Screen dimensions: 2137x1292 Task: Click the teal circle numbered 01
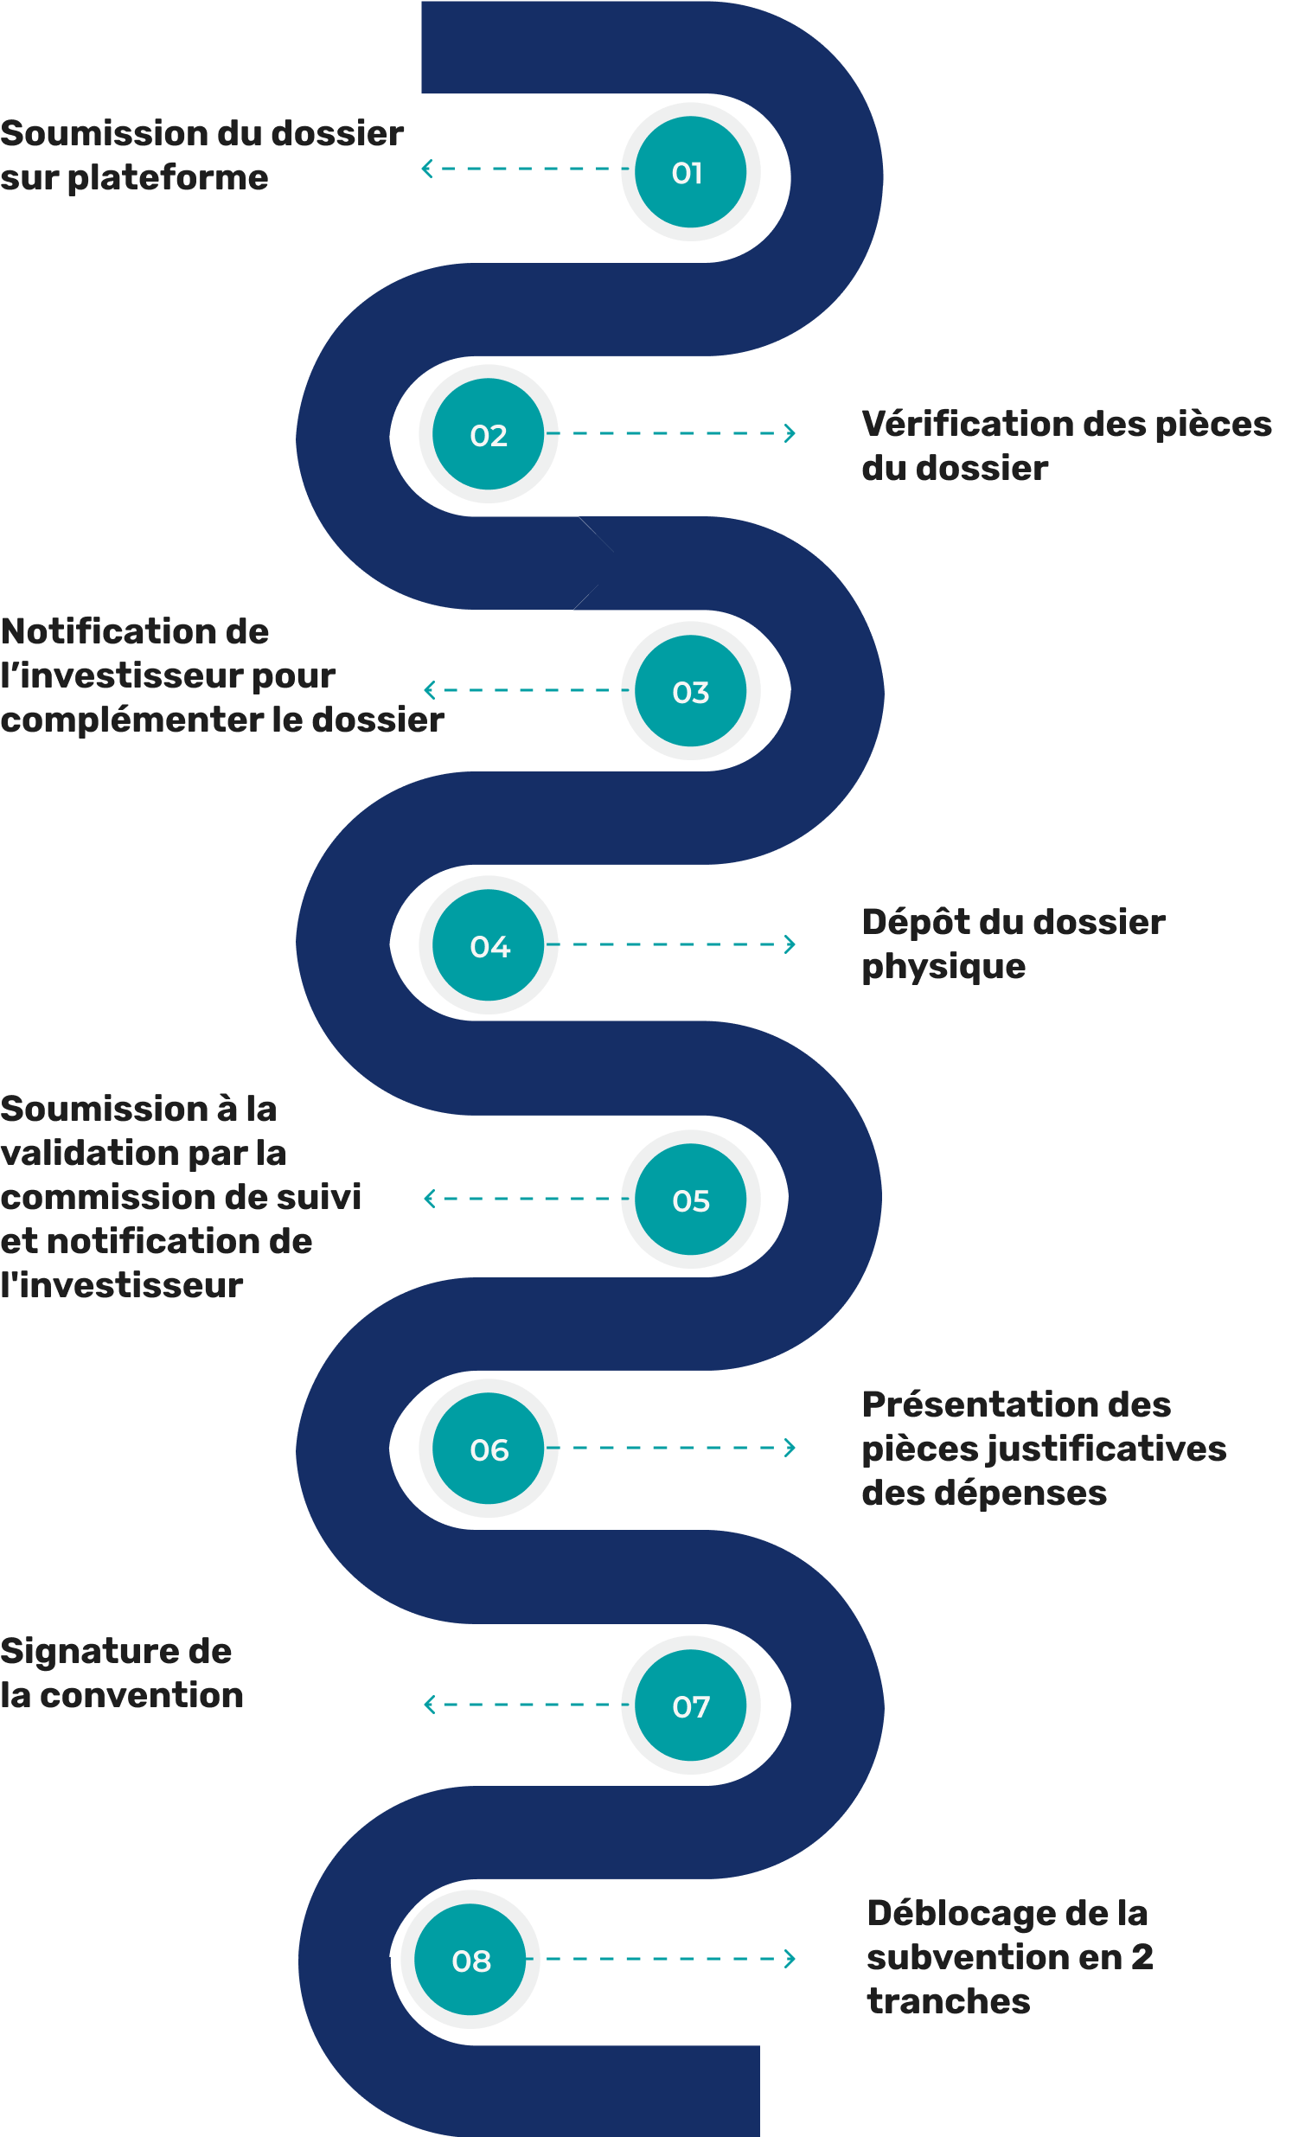pyautogui.click(x=690, y=172)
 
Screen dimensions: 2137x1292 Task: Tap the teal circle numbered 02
pyautogui.click(x=489, y=433)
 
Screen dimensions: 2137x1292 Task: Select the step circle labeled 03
pyautogui.click(x=690, y=691)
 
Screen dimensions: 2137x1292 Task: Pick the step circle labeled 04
pyautogui.click(x=489, y=944)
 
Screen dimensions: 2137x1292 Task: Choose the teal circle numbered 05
pyautogui.click(x=690, y=1200)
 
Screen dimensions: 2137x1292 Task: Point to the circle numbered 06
pyautogui.click(x=489, y=1449)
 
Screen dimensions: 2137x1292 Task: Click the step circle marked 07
pyautogui.click(x=690, y=1705)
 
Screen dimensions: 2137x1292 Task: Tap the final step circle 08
pyautogui.click(x=470, y=1959)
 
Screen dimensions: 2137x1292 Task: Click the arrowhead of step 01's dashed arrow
pyautogui.click(x=425, y=170)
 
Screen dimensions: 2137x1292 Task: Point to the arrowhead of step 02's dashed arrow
pyautogui.click(x=790, y=432)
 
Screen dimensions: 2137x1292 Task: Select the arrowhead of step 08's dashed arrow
pyautogui.click(x=790, y=1958)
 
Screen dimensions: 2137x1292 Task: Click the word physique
pyautogui.click(x=943, y=967)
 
